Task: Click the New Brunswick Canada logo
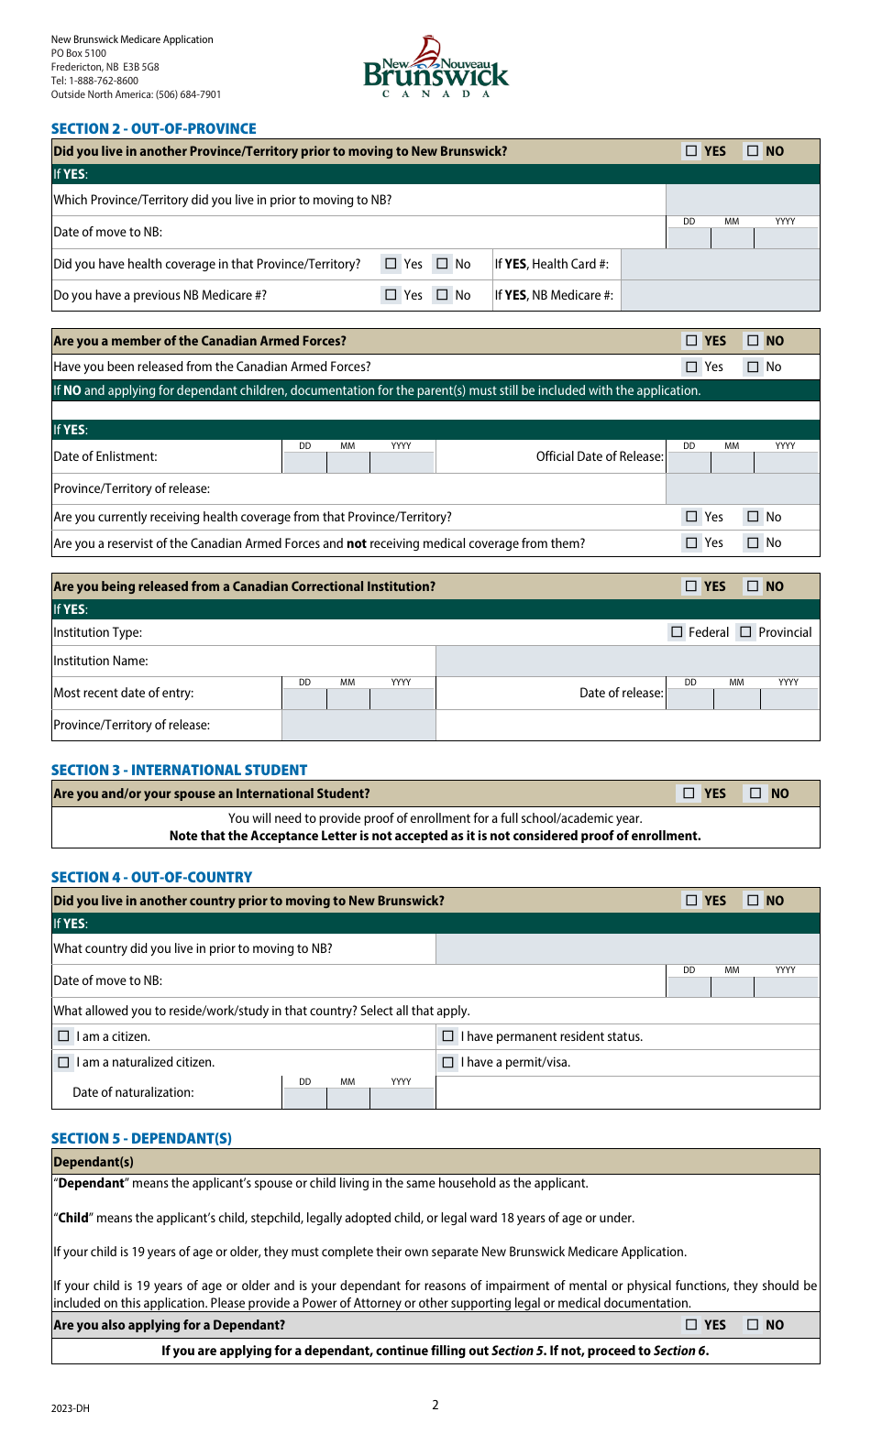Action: [435, 68]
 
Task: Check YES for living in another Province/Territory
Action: [691, 151]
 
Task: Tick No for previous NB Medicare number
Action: [443, 295]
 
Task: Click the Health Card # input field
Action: [720, 264]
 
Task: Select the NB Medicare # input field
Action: [720, 295]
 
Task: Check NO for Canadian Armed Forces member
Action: [753, 341]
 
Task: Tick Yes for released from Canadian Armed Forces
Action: [691, 367]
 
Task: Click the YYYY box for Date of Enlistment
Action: [402, 461]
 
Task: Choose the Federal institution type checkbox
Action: [677, 632]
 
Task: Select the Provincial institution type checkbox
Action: [745, 632]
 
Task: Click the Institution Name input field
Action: [627, 661]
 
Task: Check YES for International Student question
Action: [689, 794]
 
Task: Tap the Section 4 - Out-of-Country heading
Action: [151, 877]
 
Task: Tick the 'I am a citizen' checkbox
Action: [63, 1036]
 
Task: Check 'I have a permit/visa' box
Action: [448, 1062]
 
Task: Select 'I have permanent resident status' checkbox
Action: [448, 1036]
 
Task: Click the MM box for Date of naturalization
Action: [348, 1097]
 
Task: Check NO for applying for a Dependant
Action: [753, 1325]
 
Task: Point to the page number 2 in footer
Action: [435, 1405]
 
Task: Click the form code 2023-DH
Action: [71, 1408]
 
